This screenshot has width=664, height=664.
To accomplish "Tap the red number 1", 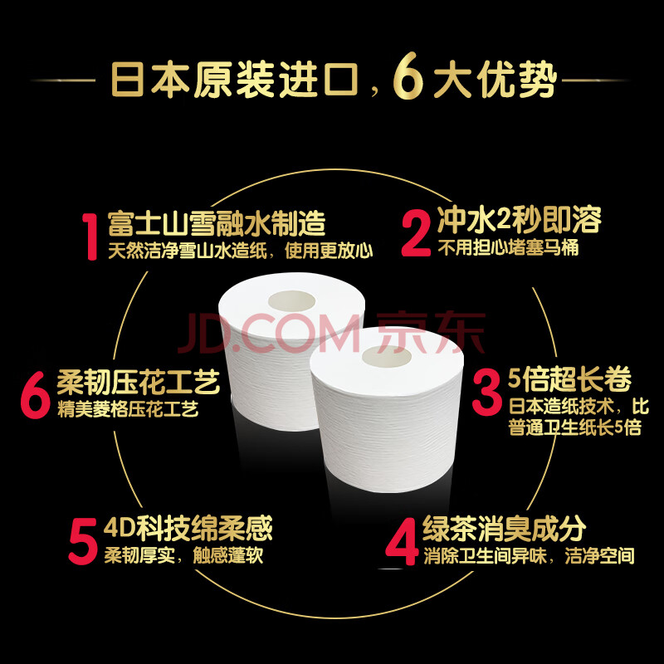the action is tap(90, 237).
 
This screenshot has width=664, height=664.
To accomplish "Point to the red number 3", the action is tap(486, 392).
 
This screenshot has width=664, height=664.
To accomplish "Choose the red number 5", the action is tap(83, 542).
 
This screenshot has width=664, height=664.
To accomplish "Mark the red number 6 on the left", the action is tap(36, 395).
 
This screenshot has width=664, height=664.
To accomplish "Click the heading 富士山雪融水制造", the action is tap(217, 223).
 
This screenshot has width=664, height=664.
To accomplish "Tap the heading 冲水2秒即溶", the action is tap(520, 220).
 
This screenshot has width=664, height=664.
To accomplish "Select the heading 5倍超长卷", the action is tap(569, 379).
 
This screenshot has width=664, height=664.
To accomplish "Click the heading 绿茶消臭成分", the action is tap(504, 529).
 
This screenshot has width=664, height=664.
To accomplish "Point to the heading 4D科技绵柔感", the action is tap(188, 528).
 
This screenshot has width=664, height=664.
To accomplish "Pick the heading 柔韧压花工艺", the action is tap(139, 382).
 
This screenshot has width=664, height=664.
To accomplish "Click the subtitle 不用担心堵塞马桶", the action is tap(508, 248).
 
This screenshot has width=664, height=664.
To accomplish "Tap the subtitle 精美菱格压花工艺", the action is tap(128, 409).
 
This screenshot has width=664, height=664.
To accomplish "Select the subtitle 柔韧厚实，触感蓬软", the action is tap(183, 555).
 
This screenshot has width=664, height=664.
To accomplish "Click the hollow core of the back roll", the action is tap(292, 301).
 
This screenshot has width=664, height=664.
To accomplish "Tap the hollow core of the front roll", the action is tap(386, 356).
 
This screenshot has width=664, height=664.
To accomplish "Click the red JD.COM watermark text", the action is tap(268, 333).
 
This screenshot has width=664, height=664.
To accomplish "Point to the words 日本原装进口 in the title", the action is tap(235, 80).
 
